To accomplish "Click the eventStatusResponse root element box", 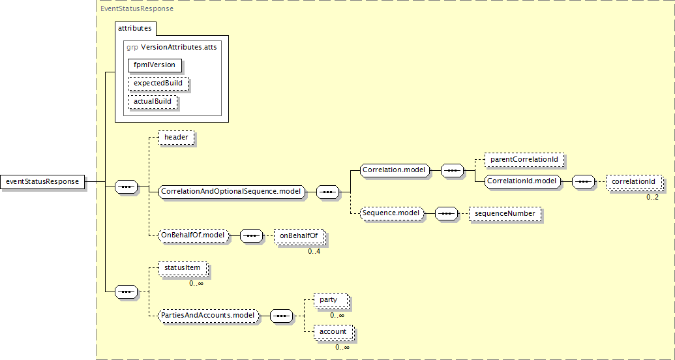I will [43, 181].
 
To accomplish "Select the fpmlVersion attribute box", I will [155, 65].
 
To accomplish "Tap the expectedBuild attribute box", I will [158, 83].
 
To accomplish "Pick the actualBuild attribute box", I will [153, 102].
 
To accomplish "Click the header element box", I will [176, 138].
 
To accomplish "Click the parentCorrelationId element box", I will [524, 160].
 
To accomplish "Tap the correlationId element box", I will [633, 181].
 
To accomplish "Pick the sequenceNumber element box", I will [505, 213].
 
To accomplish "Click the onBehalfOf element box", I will [299, 235].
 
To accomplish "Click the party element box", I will [330, 299].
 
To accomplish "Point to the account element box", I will [333, 331].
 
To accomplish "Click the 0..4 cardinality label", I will [314, 251].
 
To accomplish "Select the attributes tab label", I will [134, 28].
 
